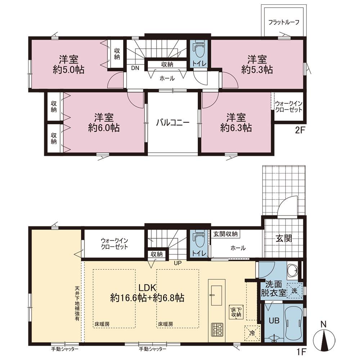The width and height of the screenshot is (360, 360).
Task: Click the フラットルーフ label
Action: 284,22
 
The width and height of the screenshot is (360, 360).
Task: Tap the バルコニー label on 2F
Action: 173,123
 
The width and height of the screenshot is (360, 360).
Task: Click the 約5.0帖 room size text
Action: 69,69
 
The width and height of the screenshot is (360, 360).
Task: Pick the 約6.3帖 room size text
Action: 236,128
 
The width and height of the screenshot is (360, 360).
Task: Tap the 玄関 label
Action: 284,239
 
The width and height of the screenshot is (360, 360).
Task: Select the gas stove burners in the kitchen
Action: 217,330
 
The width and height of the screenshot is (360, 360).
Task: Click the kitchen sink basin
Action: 216,296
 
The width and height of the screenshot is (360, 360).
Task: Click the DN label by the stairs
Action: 135,68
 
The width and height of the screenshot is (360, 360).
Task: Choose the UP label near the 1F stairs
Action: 178,263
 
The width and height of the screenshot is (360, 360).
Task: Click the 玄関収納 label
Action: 225,234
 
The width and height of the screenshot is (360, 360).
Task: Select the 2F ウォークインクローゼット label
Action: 289,107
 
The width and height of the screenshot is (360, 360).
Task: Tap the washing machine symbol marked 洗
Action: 294,291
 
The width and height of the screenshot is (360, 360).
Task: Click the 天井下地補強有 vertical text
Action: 77,303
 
